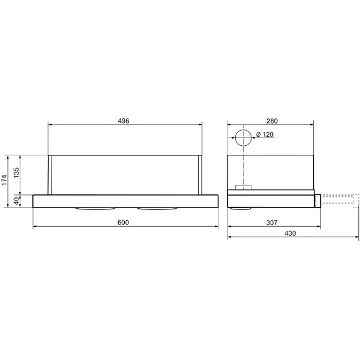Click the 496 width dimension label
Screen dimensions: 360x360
tap(124, 121)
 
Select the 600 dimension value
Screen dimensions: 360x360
tap(123, 223)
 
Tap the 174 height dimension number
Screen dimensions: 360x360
tap(4, 180)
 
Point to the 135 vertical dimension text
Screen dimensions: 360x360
tap(16, 173)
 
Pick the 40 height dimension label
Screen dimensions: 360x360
tap(16, 201)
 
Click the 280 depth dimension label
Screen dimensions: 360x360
tap(272, 121)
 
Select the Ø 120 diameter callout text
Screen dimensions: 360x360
tap(265, 134)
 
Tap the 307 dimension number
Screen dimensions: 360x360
tap(272, 223)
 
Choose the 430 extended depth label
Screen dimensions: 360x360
tap(290, 233)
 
